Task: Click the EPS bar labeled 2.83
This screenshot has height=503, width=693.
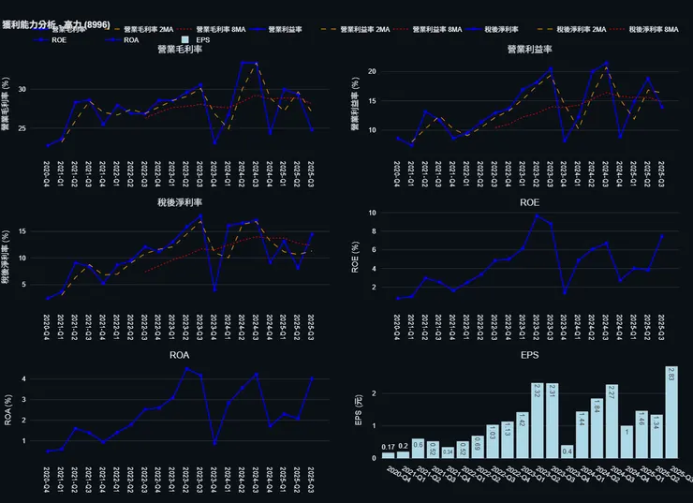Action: click(671, 412)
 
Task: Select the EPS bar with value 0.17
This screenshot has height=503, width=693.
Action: click(388, 454)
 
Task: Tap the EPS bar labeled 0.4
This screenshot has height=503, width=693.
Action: click(567, 451)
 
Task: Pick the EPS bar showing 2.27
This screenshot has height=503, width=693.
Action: click(612, 421)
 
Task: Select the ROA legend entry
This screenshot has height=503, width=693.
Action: click(130, 40)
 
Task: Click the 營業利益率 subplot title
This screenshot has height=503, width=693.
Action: click(529, 49)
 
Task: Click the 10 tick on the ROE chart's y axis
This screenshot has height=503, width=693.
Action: click(370, 214)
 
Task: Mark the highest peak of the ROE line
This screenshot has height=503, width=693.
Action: click(537, 215)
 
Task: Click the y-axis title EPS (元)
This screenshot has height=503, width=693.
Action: click(358, 411)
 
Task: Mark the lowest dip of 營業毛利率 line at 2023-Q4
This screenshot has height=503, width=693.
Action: click(214, 143)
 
